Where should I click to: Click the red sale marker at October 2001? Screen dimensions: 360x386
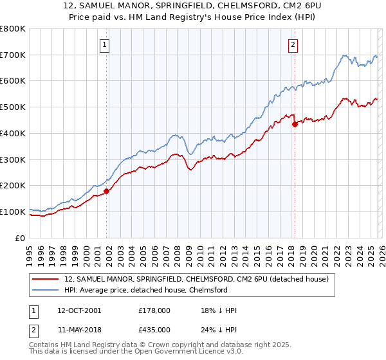[x=107, y=191]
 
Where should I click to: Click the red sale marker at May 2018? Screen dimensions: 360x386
[x=295, y=124]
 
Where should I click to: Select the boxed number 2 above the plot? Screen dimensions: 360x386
[x=293, y=44]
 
